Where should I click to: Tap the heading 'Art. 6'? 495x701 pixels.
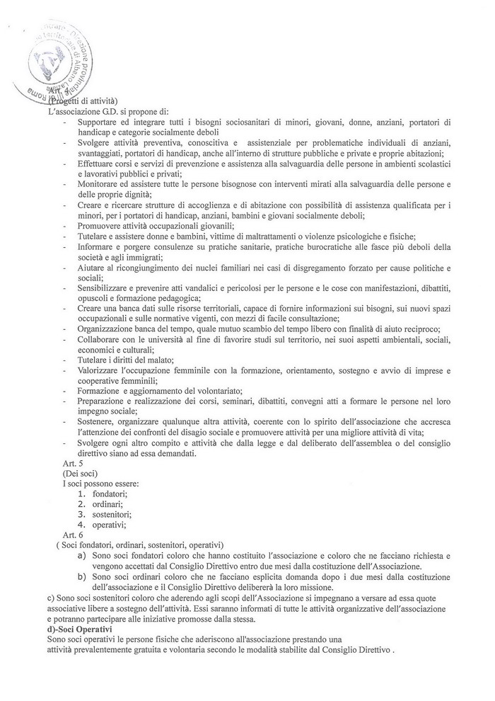pyautogui.click(x=73, y=535)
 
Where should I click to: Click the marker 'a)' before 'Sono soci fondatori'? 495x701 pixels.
pyautogui.click(x=83, y=556)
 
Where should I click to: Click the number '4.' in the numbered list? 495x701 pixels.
pyautogui.click(x=82, y=525)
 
